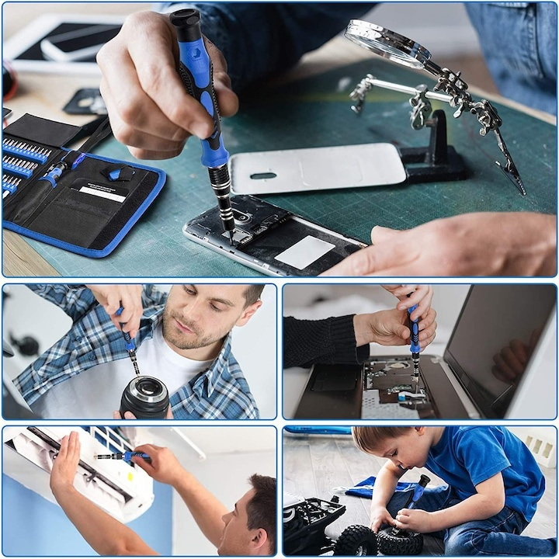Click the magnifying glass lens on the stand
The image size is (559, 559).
(x=387, y=42)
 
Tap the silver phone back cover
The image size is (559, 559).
(x=318, y=168)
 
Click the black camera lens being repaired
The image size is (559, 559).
(x=144, y=396)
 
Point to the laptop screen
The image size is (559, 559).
(x=497, y=342)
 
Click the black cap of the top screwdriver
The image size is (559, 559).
(x=186, y=24)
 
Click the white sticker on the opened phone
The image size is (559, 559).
(x=304, y=252)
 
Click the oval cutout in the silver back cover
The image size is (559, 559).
(x=265, y=175)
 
